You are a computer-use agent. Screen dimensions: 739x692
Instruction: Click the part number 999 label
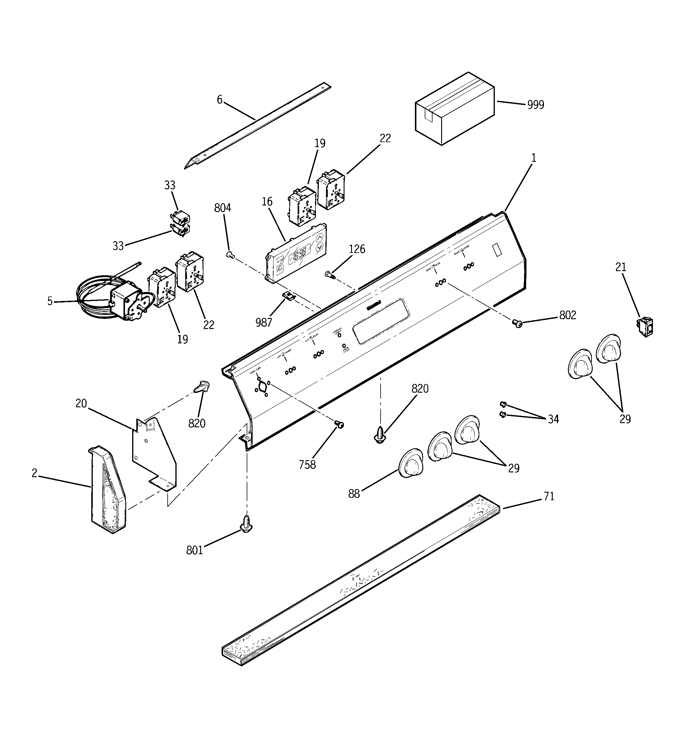tap(536, 105)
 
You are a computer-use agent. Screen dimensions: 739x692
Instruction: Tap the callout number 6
tap(220, 100)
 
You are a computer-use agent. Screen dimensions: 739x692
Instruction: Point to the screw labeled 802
tap(517, 324)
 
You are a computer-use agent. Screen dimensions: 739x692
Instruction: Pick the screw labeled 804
tap(230, 255)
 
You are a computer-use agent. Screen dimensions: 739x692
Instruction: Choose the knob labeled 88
tap(410, 463)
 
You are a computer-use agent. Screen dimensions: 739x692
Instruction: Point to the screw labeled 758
tap(339, 424)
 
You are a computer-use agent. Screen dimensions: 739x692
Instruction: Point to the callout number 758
tap(307, 464)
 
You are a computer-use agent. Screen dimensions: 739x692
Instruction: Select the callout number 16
tap(267, 202)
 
